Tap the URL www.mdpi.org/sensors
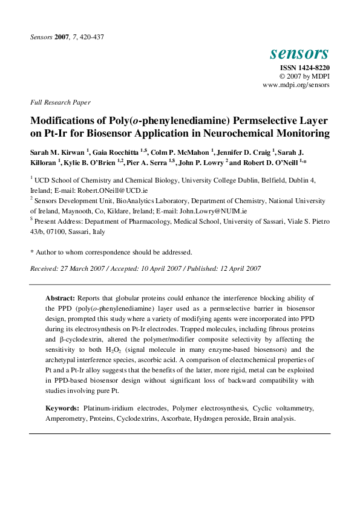[x=296, y=85]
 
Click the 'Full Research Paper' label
[x=60, y=102]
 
